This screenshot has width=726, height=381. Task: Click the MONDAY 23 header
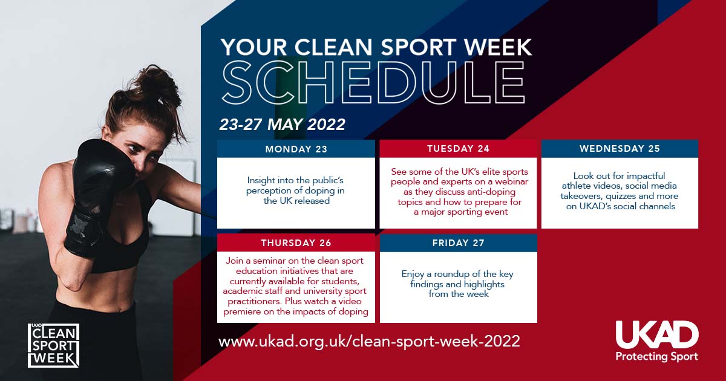(296, 149)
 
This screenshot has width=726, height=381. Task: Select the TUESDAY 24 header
(458, 149)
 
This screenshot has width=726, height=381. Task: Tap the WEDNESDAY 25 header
(620, 149)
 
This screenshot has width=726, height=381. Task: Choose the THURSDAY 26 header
(296, 243)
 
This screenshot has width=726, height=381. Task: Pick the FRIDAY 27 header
(459, 243)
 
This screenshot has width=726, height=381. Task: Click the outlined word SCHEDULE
(373, 82)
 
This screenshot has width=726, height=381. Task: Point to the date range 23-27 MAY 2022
(283, 125)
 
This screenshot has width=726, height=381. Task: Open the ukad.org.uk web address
(369, 342)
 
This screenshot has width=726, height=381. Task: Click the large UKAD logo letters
(657, 335)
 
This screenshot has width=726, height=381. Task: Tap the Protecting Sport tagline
(656, 357)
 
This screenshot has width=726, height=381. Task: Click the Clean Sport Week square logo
(53, 345)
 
